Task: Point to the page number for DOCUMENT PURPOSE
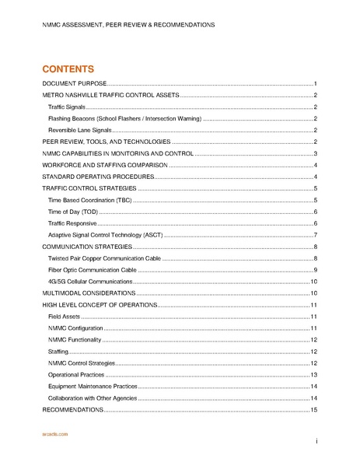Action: pyautogui.click(x=315, y=83)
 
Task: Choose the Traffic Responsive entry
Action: pyautogui.click(x=71, y=223)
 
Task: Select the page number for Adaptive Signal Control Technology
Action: pyautogui.click(x=315, y=235)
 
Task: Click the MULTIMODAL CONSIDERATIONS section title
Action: pyautogui.click(x=88, y=293)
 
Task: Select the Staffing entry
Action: pyautogui.click(x=58, y=352)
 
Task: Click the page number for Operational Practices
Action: pyautogui.click(x=313, y=375)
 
